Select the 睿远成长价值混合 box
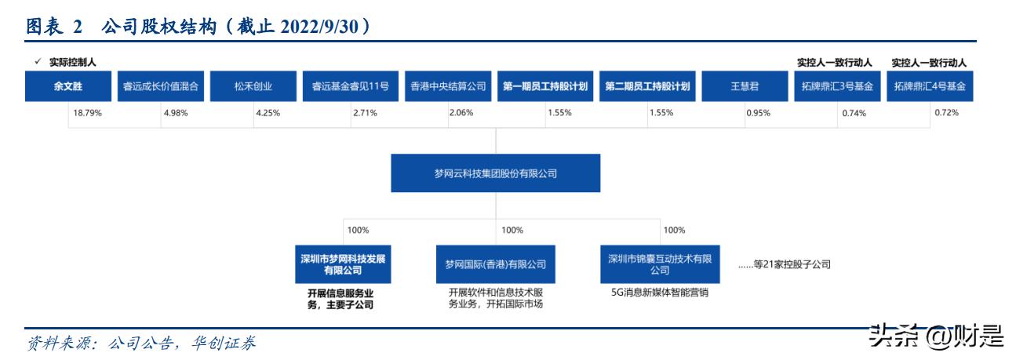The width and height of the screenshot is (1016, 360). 161,87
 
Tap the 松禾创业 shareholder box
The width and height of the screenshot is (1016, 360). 253,87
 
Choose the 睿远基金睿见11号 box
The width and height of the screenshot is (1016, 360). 350,87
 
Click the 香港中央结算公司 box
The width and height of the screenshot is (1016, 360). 449,87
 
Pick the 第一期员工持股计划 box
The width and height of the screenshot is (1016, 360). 546,87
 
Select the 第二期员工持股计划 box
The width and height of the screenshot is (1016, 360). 648,87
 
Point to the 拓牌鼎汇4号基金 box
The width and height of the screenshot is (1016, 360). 930,87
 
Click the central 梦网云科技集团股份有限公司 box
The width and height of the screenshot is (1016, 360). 496,173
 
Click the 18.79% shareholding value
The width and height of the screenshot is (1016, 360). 88,114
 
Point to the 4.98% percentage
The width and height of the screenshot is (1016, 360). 176,114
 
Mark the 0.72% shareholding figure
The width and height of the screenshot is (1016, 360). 946,114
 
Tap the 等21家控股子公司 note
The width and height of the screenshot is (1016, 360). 785,264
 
